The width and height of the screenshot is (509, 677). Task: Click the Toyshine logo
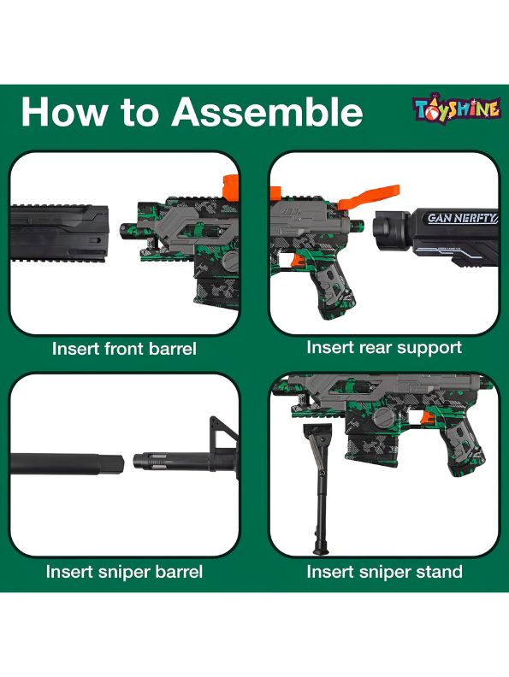456,109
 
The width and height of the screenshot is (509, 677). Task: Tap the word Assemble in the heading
267,111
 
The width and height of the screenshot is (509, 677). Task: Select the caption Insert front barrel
124,349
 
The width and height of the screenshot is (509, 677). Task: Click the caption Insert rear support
384,348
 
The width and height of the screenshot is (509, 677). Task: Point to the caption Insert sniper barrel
124,572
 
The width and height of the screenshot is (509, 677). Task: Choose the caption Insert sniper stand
384,572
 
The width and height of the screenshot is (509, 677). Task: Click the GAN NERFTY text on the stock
461,218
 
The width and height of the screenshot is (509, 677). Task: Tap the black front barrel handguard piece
59,233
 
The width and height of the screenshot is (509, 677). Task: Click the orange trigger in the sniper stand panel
428,417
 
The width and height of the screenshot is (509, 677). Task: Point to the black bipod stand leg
320,488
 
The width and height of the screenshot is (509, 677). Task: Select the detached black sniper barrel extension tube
68,463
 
